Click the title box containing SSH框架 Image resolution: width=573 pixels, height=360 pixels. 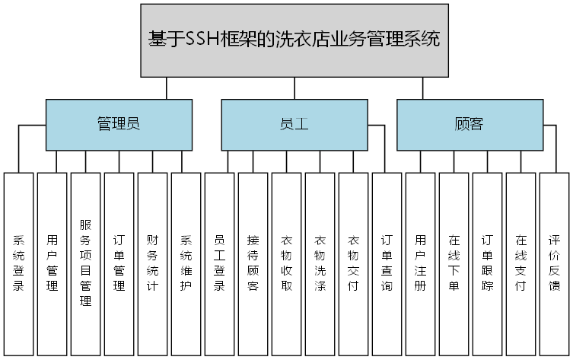coord(294,40)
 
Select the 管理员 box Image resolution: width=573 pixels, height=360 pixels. coord(119,125)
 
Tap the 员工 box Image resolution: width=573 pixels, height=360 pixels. coord(294,125)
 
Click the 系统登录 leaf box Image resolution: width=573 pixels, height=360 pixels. coord(18,263)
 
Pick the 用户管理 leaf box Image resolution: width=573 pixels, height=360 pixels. coord(52,263)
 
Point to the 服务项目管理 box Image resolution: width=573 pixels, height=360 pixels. coord(85,263)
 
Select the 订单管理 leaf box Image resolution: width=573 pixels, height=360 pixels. coord(119,263)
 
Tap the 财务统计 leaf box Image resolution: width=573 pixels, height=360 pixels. coord(152,263)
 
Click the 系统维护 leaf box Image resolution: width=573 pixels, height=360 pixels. coord(186,263)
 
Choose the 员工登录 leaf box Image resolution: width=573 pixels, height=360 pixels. coord(219,263)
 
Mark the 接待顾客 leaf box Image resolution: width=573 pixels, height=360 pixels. coord(253,263)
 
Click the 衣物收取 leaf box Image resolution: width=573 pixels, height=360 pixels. coord(286,263)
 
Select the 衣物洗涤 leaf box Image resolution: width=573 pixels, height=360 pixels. coord(320,263)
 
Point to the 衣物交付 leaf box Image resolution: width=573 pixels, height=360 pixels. coord(353,263)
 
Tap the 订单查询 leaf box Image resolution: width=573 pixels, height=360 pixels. coord(387,263)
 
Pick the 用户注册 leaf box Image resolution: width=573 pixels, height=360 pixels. coord(420,263)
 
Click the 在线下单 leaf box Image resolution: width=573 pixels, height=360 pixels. coord(454,263)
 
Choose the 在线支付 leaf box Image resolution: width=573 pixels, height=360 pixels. coord(520,263)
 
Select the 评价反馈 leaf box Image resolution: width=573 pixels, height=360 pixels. coord(554,263)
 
